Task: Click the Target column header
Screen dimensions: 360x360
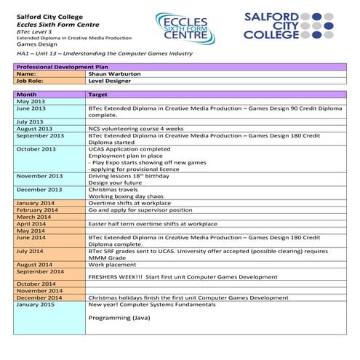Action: pyautogui.click(x=98, y=95)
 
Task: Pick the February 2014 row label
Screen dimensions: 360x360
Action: pyautogui.click(x=36, y=209)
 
